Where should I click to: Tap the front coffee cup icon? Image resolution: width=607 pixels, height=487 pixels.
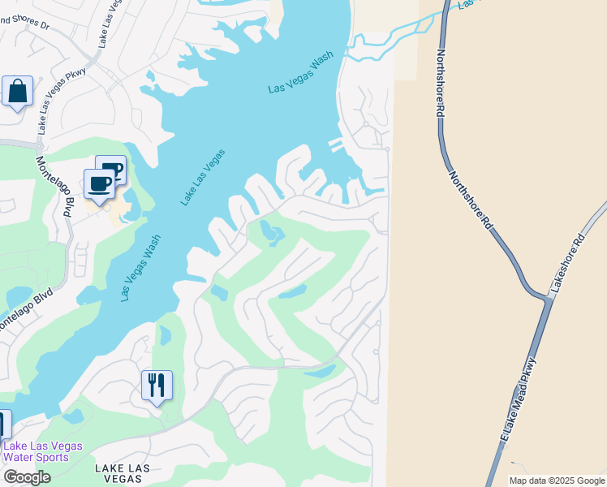pos(100,184)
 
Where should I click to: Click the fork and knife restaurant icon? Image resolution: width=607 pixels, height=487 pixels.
pos(157,384)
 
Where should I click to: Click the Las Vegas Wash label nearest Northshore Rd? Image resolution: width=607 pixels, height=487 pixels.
pos(302,78)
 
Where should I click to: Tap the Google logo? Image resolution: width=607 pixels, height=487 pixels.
pos(27,477)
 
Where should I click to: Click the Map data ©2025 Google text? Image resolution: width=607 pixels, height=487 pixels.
pos(556,481)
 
